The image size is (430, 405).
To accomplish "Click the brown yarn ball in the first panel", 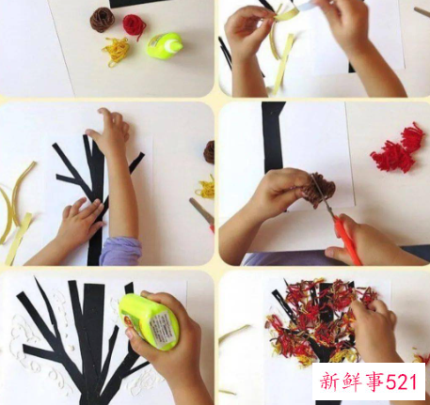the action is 103,20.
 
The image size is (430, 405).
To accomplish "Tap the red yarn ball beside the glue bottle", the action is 134,25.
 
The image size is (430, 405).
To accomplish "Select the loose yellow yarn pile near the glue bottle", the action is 116,51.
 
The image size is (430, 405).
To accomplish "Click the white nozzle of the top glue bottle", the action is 176,46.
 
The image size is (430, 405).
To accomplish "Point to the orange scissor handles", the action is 347,238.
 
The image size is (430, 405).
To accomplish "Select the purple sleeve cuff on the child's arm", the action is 120,251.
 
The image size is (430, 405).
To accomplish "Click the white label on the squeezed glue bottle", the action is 161,328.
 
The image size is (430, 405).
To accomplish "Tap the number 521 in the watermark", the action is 402,382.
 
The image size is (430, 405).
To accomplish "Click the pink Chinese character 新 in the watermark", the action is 329,382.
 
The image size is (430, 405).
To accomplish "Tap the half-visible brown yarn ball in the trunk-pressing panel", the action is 209,152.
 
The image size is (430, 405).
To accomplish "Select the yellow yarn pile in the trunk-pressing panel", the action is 206,187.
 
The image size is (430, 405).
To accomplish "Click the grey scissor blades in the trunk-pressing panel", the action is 201,210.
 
